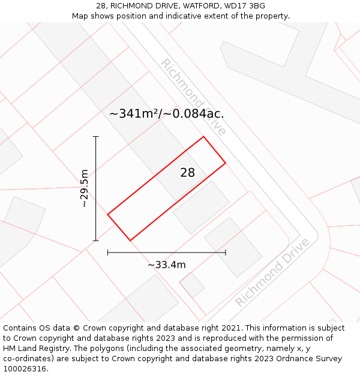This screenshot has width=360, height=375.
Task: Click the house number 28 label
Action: (187, 173)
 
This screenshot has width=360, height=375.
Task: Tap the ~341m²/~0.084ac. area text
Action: (167, 113)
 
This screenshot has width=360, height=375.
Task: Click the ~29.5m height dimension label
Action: (85, 188)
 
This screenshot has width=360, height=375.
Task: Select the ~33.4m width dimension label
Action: (167, 265)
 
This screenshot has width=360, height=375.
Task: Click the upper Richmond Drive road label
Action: (193, 97)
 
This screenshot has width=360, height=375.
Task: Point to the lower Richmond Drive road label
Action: (272, 272)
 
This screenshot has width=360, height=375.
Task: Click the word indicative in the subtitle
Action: (166, 16)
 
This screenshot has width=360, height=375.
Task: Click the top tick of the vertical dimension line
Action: (96, 137)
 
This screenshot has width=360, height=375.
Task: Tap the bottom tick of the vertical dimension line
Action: (96, 241)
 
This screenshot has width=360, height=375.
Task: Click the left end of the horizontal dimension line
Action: (108, 253)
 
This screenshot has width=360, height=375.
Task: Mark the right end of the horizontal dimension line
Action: (226, 253)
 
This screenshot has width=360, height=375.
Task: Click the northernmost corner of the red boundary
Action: (204, 137)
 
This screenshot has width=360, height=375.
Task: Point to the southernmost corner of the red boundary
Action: (130, 241)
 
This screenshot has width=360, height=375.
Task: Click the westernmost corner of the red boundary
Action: (108, 214)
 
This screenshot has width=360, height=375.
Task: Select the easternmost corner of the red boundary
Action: (226, 163)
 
